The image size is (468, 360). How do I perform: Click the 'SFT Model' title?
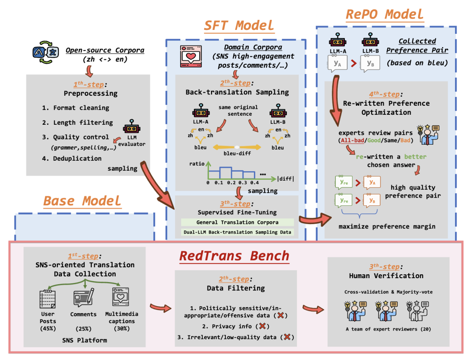239,26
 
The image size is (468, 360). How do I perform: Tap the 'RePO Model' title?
385,14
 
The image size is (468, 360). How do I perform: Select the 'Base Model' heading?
82,201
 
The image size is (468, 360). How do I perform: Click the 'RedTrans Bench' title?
234,256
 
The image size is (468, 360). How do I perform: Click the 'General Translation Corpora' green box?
237,222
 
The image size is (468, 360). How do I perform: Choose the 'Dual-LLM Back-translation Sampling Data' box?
237,232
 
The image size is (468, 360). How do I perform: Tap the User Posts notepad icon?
48,298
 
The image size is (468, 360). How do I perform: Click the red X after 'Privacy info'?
263,326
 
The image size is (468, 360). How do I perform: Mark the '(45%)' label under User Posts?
48,329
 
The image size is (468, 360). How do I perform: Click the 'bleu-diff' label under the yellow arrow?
237,154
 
